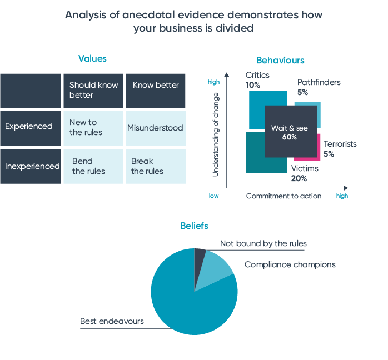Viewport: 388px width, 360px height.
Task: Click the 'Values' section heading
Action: pyautogui.click(x=92, y=58)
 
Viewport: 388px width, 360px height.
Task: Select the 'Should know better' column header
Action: pyautogui.click(x=92, y=90)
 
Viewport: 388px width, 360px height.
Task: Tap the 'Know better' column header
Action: pyautogui.click(x=156, y=85)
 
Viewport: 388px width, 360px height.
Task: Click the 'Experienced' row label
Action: pyautogui.click(x=29, y=126)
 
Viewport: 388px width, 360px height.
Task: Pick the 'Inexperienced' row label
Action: pyautogui.click(x=32, y=166)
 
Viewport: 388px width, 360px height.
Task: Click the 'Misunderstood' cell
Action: pyautogui.click(x=155, y=128)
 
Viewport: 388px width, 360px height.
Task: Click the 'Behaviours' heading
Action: pyautogui.click(x=280, y=61)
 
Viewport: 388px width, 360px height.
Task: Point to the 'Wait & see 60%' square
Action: pyautogui.click(x=290, y=132)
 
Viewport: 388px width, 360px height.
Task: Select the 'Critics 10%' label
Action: pyautogui.click(x=257, y=80)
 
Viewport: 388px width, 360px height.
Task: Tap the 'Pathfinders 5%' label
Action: pyautogui.click(x=319, y=87)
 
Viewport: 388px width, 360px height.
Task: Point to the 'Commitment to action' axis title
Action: pyautogui.click(x=283, y=196)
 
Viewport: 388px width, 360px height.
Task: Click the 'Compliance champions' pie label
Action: pyautogui.click(x=290, y=264)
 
